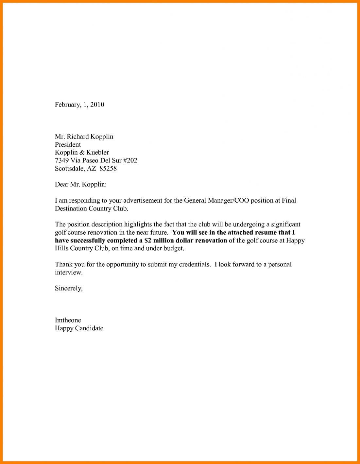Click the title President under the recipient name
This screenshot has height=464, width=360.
tap(68, 144)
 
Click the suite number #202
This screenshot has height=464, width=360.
tap(130, 160)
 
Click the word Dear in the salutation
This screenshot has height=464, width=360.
tap(61, 185)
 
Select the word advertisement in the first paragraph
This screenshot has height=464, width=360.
tap(143, 200)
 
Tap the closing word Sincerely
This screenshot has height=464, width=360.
tap(68, 289)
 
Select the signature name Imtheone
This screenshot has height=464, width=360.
tap(68, 320)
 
